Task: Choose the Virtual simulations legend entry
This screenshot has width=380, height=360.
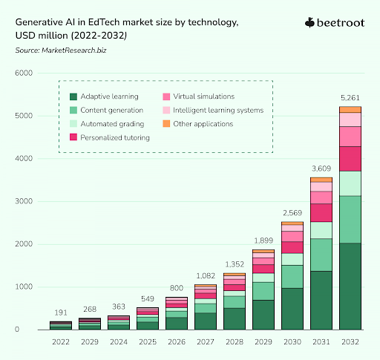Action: (200, 96)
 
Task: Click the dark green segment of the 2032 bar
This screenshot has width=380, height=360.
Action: (351, 286)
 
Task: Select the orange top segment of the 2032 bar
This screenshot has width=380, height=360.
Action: (351, 109)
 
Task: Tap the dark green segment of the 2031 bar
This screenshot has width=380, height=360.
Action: (321, 300)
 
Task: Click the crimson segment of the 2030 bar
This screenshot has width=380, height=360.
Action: (292, 247)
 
